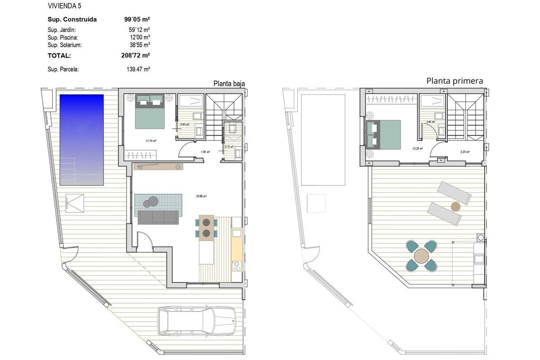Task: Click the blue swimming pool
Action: (x=81, y=139)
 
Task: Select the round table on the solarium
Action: (x=422, y=256)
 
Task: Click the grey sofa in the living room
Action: (x=157, y=217)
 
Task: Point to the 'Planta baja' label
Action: (x=229, y=83)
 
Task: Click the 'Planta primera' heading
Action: (x=454, y=81)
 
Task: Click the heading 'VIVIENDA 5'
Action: (x=64, y=6)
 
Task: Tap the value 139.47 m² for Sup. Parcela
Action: (x=138, y=70)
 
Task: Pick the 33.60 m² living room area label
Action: (x=201, y=196)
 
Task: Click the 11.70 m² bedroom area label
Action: (x=151, y=141)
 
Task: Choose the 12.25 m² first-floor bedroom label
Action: (x=418, y=148)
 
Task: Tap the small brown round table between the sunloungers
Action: (x=456, y=207)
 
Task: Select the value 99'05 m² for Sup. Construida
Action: (x=137, y=19)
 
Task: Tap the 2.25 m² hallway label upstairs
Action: (x=465, y=152)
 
